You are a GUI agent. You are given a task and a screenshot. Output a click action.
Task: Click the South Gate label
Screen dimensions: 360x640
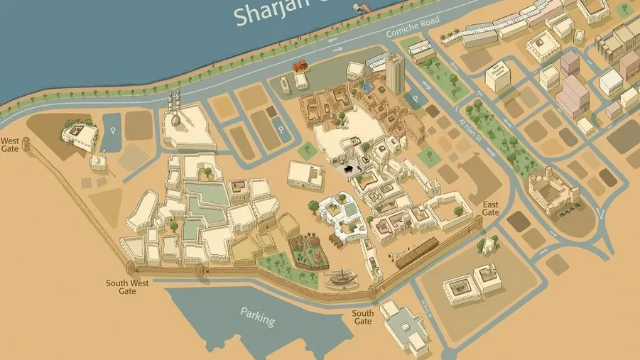coord(362,317)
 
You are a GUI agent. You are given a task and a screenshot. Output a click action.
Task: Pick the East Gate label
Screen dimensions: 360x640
coord(490,209)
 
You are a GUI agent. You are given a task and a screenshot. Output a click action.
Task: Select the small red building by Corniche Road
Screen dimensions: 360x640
coord(300,66)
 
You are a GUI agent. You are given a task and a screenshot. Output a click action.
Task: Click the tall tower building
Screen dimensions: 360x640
coord(395,72)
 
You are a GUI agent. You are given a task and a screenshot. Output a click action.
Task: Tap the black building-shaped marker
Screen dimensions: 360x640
coord(347,168)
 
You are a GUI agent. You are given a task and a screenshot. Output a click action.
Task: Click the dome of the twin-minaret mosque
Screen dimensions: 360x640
coord(175,120)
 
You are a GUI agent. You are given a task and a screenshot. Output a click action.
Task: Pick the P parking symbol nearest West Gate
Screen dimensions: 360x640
coord(112,131)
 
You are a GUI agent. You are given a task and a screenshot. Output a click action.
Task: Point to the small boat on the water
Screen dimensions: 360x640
coord(357,8)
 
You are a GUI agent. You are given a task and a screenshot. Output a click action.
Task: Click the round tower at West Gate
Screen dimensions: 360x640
coord(27,146)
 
